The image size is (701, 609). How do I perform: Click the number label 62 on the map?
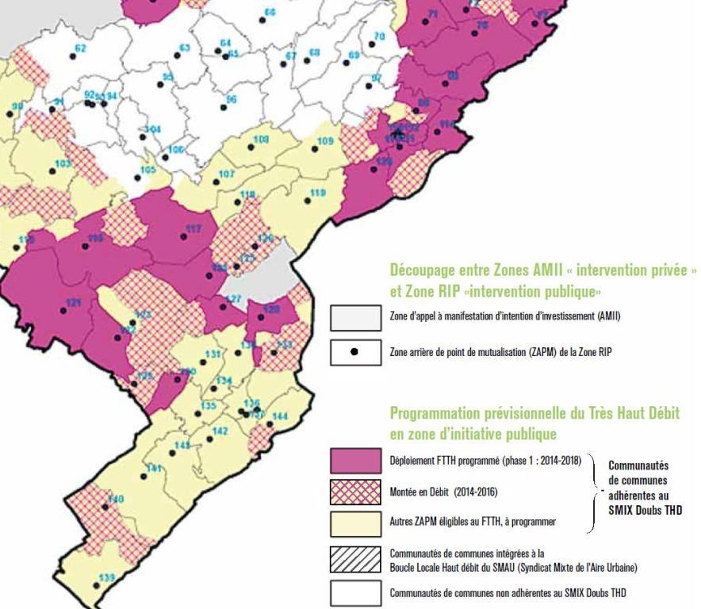click(x=80, y=48)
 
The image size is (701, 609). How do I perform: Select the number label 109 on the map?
click(x=325, y=142)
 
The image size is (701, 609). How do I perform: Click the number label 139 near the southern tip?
click(x=106, y=576)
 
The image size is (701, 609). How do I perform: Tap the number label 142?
click(x=220, y=431)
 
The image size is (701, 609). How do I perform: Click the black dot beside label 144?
click(x=270, y=425)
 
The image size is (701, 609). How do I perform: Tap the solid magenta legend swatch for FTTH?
click(x=355, y=460)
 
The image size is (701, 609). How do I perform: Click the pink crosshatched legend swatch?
click(x=355, y=492)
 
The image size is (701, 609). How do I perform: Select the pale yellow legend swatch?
click(x=355, y=523)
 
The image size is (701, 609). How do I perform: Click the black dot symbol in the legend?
click(x=354, y=350)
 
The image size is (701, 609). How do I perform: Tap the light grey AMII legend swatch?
click(x=355, y=317)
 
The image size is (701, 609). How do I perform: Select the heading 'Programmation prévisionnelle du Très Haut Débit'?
click(x=534, y=413)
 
